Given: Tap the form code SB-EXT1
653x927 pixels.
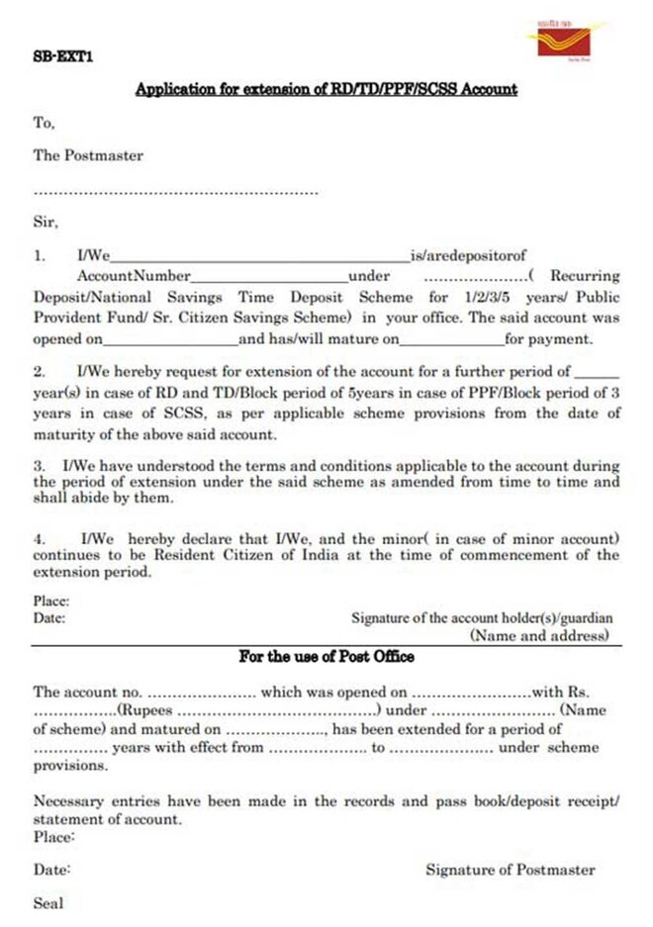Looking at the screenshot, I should [60, 59].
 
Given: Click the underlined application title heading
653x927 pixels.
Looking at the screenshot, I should [326, 89].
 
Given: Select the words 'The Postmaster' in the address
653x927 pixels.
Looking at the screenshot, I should [88, 155].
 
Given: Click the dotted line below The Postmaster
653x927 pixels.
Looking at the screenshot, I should [175, 192].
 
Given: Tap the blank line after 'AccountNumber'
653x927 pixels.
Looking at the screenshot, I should [269, 277].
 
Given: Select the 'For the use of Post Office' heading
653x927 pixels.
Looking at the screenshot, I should [326, 657].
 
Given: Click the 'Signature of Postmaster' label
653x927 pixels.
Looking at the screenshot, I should [511, 870].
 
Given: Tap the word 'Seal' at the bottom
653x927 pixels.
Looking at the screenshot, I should [48, 902].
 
